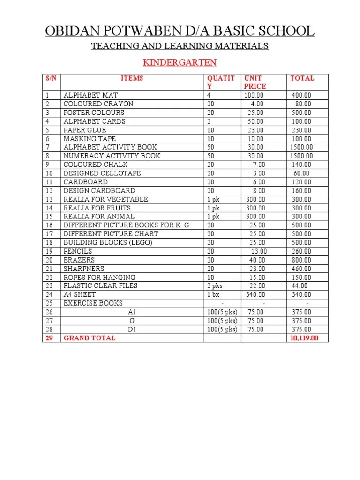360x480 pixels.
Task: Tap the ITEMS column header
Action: point(132,78)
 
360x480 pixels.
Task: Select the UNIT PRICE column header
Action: point(255,82)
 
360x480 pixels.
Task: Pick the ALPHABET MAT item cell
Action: point(91,95)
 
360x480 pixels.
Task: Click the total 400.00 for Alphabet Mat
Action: point(301,95)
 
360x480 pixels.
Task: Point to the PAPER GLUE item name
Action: point(85,130)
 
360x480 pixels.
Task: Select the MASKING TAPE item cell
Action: point(90,139)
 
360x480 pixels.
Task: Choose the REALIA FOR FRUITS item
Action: point(97,208)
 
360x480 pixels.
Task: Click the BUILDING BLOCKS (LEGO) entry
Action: point(108,242)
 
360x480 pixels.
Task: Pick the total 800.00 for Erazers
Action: point(301,260)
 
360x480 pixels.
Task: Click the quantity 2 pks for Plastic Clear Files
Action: point(216,285)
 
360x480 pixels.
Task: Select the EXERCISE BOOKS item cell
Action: point(93,303)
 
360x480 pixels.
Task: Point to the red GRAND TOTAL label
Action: point(90,338)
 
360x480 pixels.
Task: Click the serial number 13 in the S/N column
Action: point(49,199)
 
